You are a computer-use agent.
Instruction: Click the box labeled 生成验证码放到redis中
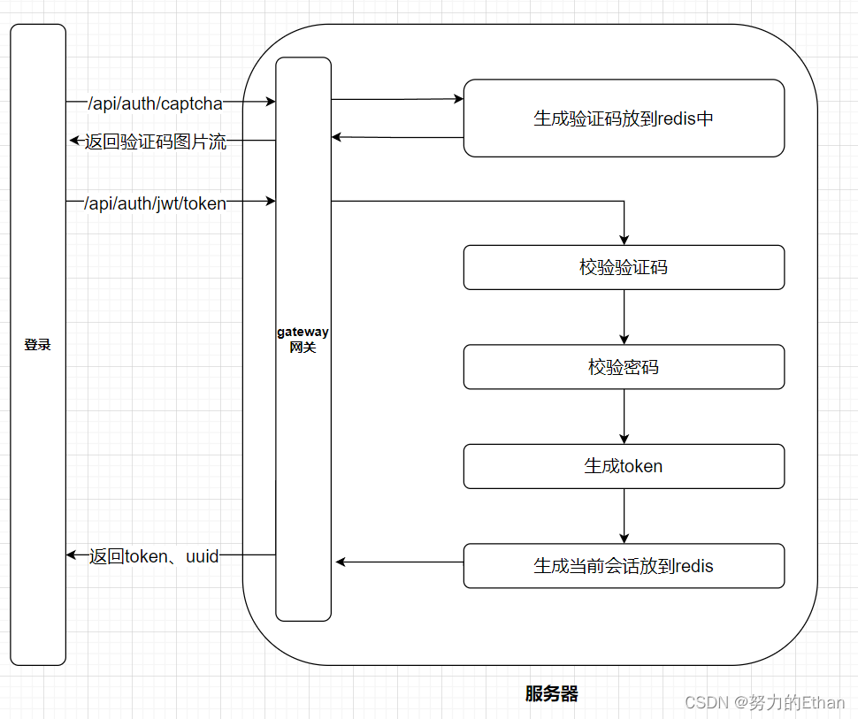pos(624,119)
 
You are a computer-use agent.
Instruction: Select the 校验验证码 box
pos(624,267)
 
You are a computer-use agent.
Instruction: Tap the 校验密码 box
pos(624,367)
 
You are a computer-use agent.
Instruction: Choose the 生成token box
pos(624,466)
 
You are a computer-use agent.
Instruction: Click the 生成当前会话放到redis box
pos(624,566)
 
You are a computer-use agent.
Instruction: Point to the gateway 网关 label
pos(303,340)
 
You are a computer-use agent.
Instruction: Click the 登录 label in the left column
pos(38,345)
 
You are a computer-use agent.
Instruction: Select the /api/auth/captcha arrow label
pos(155,103)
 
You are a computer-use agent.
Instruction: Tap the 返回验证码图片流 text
pos(155,142)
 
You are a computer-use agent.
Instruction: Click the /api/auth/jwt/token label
pos(155,203)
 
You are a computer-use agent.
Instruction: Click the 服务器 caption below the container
pos(551,694)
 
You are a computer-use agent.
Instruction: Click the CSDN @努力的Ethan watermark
pos(764,702)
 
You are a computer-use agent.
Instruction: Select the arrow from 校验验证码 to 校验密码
pos(624,317)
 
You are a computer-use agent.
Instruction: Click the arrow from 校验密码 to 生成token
pos(624,417)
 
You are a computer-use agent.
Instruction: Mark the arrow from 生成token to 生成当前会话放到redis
pos(624,516)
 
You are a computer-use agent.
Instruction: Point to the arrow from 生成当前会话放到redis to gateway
pos(398,562)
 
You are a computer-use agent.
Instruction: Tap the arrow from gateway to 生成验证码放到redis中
pos(397,99)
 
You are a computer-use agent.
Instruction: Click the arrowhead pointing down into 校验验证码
pos(624,238)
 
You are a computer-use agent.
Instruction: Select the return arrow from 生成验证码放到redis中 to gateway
pos(397,137)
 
